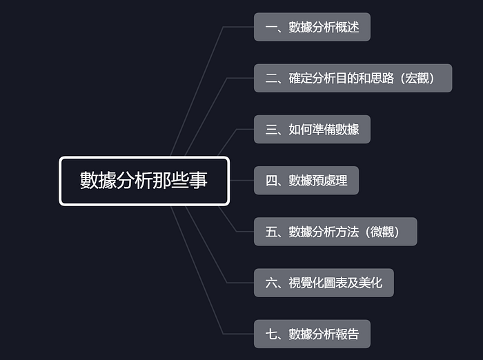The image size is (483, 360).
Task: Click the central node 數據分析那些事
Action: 144,181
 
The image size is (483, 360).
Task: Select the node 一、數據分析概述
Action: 312,27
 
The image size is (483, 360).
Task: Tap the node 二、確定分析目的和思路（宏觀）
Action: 353,78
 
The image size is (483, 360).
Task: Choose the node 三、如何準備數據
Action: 312,130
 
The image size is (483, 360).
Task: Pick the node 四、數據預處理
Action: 306,181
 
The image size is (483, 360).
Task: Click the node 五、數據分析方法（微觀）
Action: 335,232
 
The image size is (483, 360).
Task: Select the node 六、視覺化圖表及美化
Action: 324,283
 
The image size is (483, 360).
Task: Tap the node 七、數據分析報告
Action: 312,334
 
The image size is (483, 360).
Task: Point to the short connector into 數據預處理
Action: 241,181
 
